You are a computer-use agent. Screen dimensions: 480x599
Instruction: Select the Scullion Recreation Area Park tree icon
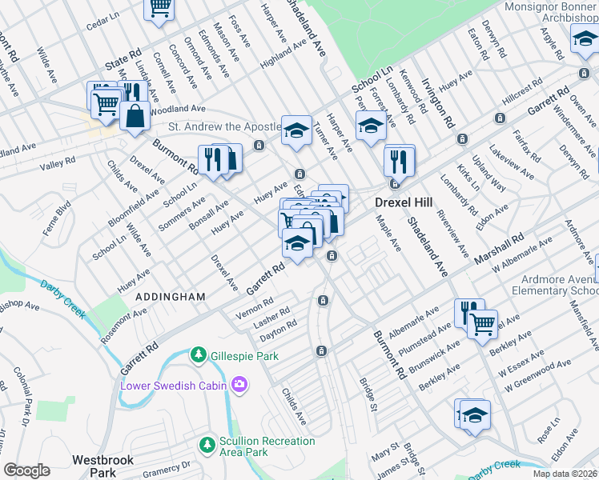tap(207, 442)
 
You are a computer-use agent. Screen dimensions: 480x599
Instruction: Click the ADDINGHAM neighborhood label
tap(170, 297)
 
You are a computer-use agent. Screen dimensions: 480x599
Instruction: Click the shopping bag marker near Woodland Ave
tap(135, 117)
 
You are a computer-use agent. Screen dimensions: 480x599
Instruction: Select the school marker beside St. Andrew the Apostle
tap(296, 130)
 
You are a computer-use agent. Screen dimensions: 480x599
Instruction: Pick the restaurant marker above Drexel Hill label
tap(398, 161)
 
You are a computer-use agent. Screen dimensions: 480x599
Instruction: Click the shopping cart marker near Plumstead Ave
tap(482, 324)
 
